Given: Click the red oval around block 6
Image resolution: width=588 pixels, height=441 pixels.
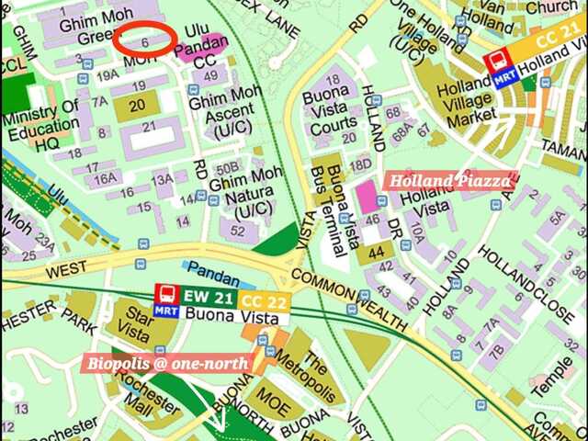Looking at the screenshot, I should (x=145, y=39).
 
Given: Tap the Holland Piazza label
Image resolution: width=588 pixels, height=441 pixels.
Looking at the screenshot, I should (x=449, y=181).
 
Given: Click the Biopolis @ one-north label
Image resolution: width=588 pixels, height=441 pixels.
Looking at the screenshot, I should (x=169, y=363).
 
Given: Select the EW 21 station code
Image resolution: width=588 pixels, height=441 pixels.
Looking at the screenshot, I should (x=209, y=297).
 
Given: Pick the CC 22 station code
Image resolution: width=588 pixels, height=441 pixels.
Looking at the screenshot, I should (x=263, y=300).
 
